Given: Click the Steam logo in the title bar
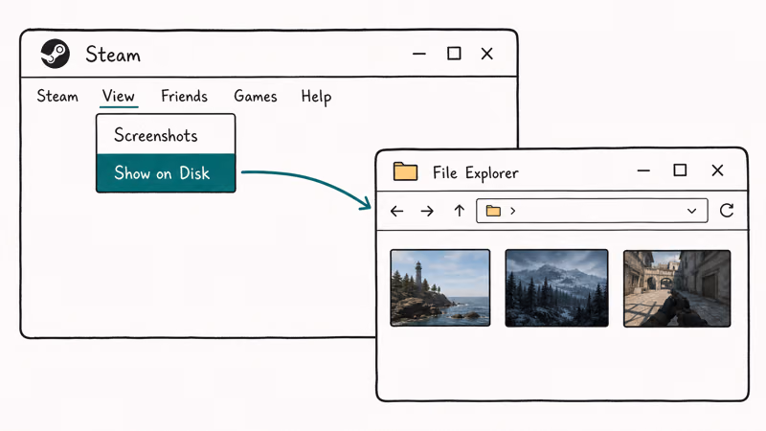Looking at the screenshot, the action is click(55, 54).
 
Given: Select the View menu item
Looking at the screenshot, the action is click(118, 96).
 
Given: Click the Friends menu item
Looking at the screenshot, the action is click(184, 96).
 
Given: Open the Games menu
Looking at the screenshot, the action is click(256, 96).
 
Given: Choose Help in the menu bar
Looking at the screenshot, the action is click(316, 97).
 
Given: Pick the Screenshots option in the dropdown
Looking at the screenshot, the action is click(156, 135).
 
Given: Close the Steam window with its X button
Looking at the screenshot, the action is click(487, 54).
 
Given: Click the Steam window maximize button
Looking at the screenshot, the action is click(454, 54).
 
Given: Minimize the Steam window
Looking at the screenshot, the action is click(419, 54).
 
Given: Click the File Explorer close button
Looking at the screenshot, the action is click(717, 170).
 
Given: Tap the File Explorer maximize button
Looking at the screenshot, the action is click(680, 170).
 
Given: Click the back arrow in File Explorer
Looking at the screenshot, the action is click(397, 211).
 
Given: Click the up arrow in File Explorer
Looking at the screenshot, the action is click(460, 211).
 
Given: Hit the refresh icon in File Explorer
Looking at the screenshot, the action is click(727, 211).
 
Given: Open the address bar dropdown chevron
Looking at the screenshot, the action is click(691, 211).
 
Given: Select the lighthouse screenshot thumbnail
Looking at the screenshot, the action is click(440, 288).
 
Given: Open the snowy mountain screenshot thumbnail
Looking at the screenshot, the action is click(557, 288).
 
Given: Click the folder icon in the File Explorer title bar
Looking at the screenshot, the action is click(405, 171).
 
